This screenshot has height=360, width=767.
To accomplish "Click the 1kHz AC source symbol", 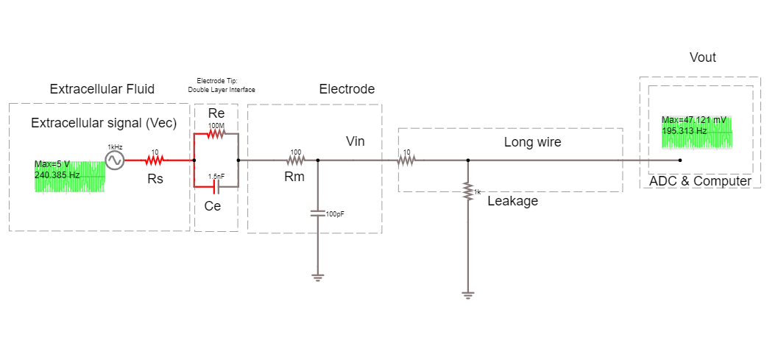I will (115, 160).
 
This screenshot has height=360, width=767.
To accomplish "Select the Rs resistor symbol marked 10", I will (155, 160).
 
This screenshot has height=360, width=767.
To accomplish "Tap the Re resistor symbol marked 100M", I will (216, 134).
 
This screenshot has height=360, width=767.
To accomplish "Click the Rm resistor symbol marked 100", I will (295, 160).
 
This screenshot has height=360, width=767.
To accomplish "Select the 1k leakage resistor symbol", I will (467, 192).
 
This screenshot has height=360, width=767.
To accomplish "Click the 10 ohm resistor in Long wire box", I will (406, 160).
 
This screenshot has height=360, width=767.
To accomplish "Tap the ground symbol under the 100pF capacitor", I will (317, 278).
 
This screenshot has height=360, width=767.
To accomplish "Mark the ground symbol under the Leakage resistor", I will (467, 295).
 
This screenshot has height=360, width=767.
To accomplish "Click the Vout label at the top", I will (702, 57).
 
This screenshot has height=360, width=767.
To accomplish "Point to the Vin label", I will (355, 141).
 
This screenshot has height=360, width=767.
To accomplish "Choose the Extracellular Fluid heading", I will (102, 89).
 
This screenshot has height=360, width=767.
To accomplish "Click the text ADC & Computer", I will (700, 181).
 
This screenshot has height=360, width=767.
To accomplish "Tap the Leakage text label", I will (512, 200).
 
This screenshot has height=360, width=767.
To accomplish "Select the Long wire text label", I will (532, 142).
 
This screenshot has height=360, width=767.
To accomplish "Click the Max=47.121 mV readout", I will (693, 120).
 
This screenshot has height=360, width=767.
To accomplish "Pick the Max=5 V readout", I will (52, 164).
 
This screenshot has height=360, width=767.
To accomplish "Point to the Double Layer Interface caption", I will (221, 89).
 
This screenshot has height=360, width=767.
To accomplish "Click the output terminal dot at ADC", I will (679, 160).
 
